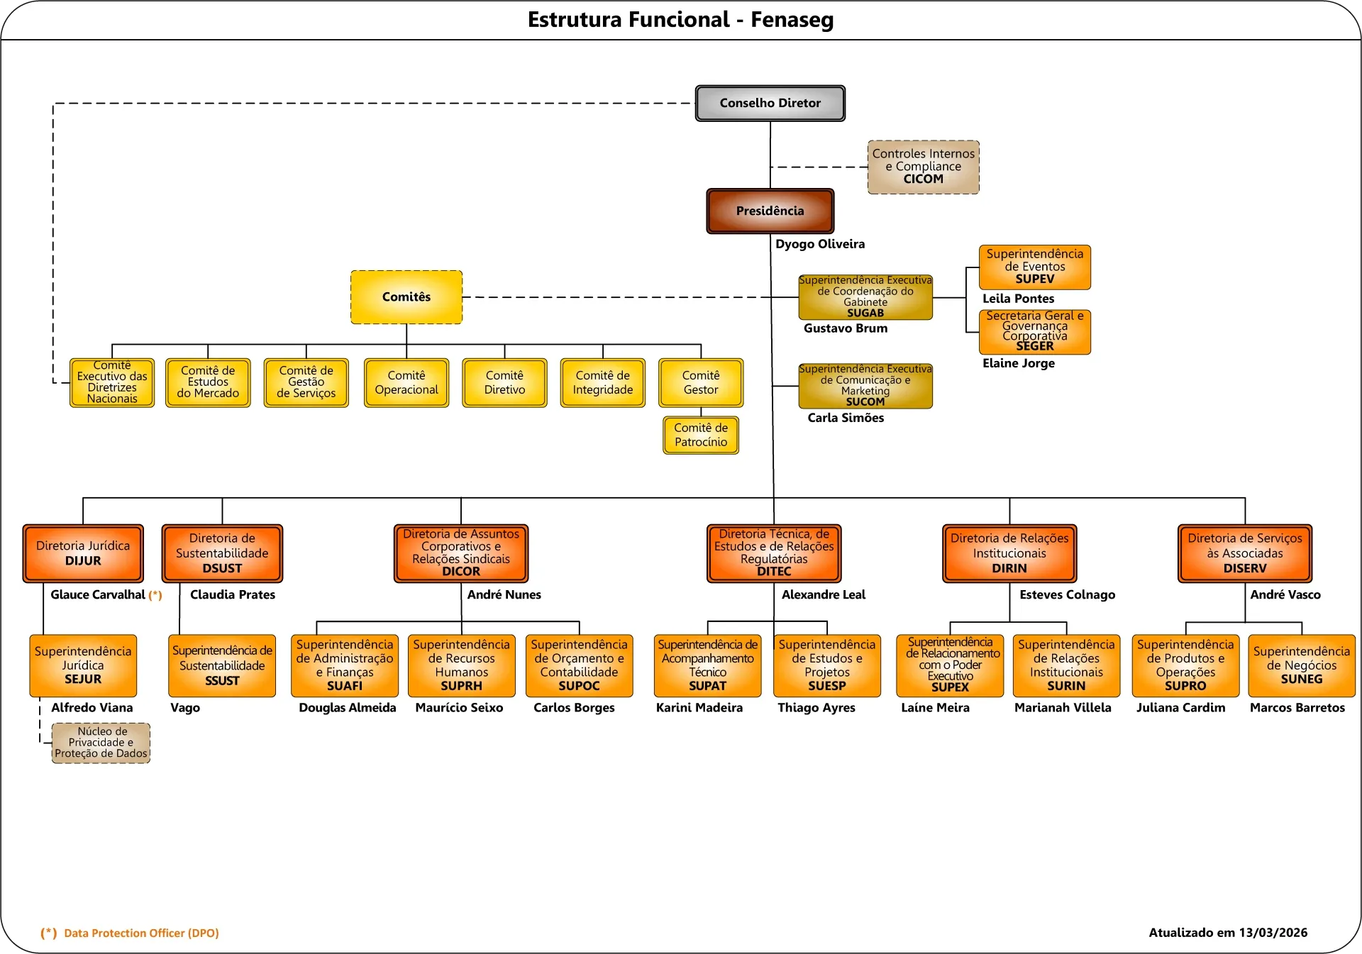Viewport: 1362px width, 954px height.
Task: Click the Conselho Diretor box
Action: pyautogui.click(x=770, y=104)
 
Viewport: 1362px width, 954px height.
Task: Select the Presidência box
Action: pyautogui.click(x=770, y=211)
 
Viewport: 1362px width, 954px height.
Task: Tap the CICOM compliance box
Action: pyautogui.click(x=923, y=167)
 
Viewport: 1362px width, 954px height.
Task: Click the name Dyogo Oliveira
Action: pyautogui.click(x=819, y=244)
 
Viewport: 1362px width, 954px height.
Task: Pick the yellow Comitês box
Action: pyautogui.click(x=406, y=297)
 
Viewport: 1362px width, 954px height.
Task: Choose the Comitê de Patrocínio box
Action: pyautogui.click(x=701, y=435)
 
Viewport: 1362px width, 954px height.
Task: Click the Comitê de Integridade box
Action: pyautogui.click(x=602, y=383)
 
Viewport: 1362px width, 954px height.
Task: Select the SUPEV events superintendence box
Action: pyautogui.click(x=1034, y=267)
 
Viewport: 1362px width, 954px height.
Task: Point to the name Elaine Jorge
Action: pyautogui.click(x=1018, y=363)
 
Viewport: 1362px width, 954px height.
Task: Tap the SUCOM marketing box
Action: pyautogui.click(x=865, y=386)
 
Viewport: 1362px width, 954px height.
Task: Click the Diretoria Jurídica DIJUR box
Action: pyautogui.click(x=83, y=553)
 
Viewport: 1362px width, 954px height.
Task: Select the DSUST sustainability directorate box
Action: pyautogui.click(x=222, y=553)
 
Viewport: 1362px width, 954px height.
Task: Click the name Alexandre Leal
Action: pyautogui.click(x=823, y=594)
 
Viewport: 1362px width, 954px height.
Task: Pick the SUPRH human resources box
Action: pyautogui.click(x=461, y=665)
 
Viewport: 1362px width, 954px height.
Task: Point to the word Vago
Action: pyautogui.click(x=185, y=707)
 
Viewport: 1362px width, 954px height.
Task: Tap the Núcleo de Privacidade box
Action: pyautogui.click(x=101, y=743)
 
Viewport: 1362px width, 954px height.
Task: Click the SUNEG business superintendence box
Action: pyautogui.click(x=1301, y=665)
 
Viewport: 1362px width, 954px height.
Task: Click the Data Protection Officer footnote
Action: pyautogui.click(x=141, y=933)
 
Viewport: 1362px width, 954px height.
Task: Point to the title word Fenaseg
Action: pyautogui.click(x=792, y=20)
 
